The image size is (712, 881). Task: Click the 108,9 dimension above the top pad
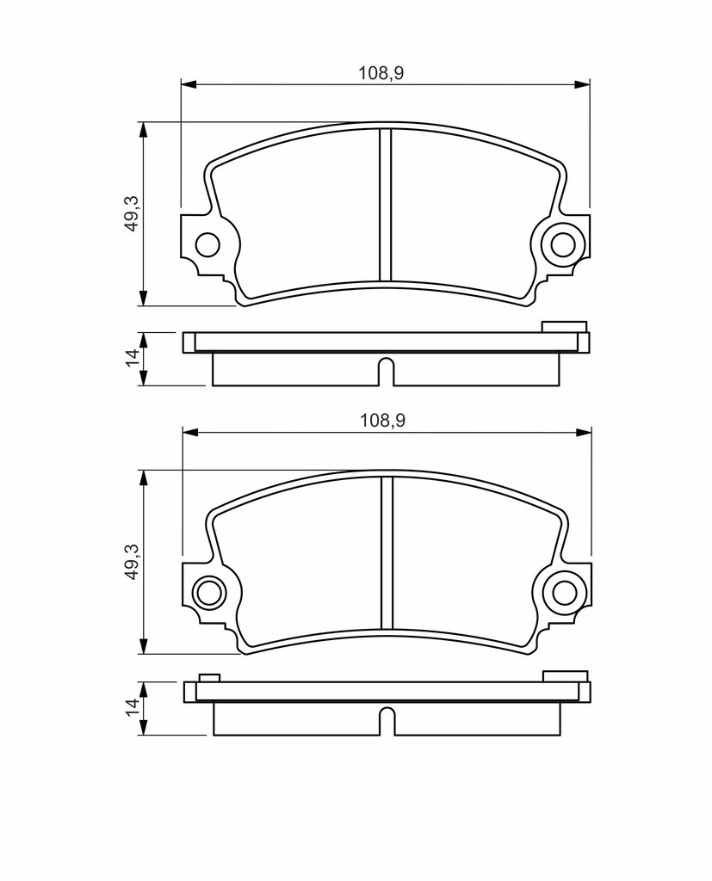(x=381, y=73)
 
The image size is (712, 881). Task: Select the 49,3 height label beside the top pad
(x=132, y=213)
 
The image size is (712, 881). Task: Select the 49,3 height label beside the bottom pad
(x=133, y=561)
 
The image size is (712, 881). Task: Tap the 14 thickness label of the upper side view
(x=133, y=358)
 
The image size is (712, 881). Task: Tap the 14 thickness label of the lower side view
(x=133, y=707)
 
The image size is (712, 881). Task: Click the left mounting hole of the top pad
(x=207, y=244)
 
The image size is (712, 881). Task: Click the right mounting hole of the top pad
(x=562, y=244)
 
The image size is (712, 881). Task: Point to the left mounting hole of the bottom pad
(x=208, y=592)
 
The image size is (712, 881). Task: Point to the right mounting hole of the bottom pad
(x=564, y=592)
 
